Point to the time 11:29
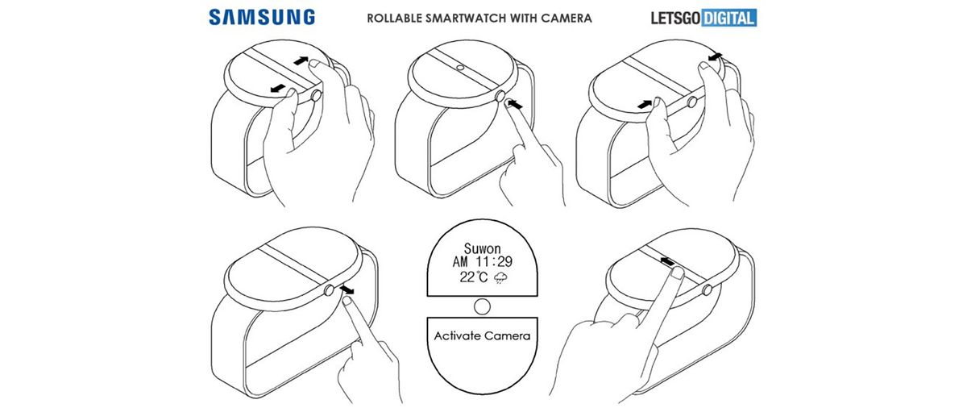click(493, 262)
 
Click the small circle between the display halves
click(482, 306)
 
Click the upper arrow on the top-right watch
click(715, 55)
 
